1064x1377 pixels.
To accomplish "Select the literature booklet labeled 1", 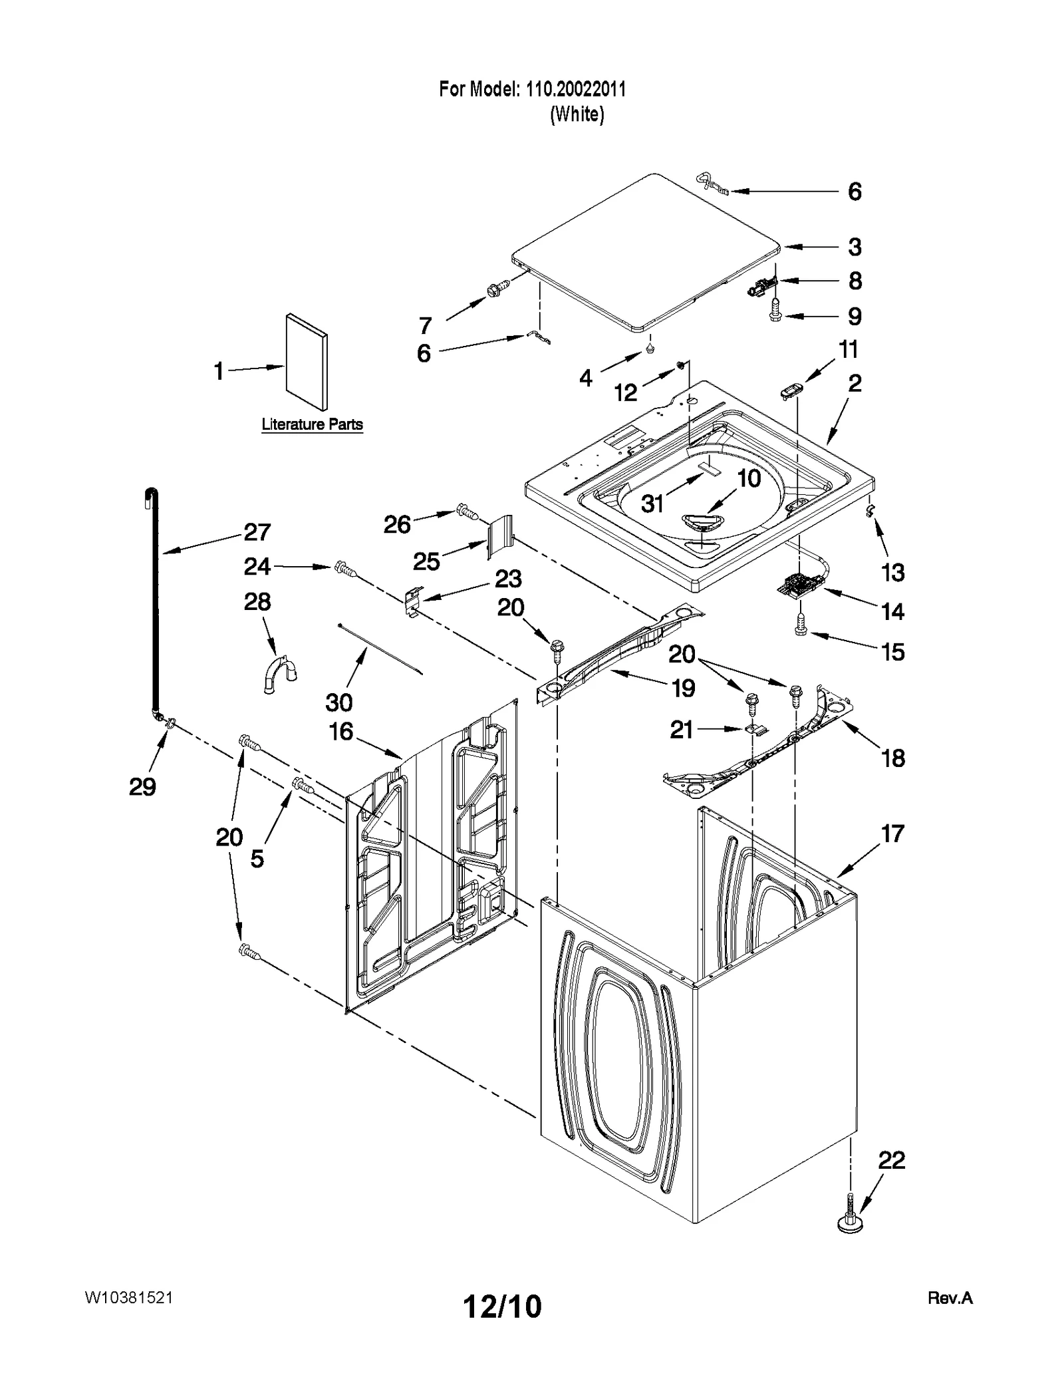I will (307, 362).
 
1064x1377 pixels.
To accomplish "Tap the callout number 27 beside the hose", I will (257, 532).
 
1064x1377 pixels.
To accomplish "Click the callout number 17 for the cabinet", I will (892, 834).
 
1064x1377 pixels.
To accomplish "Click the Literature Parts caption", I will (312, 424).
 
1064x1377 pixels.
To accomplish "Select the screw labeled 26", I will (467, 513).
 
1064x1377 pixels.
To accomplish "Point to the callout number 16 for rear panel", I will (341, 732).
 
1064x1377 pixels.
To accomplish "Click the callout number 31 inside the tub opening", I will (652, 504).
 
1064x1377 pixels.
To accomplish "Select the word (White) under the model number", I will (577, 114).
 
